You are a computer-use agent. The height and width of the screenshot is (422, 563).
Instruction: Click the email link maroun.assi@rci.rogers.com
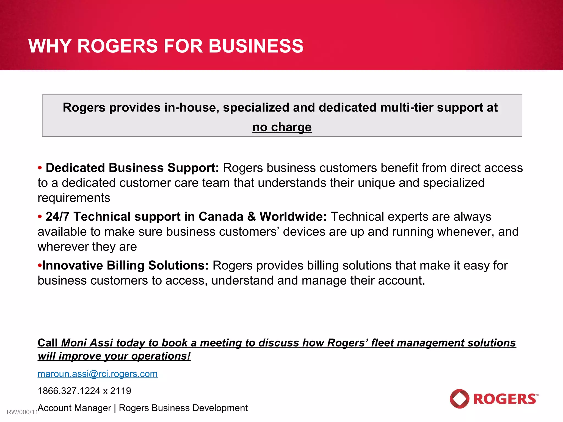pyautogui.click(x=98, y=374)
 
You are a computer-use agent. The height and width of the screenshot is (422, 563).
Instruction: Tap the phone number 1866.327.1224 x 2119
pyautogui.click(x=84, y=391)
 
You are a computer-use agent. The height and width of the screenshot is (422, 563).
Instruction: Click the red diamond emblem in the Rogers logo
pyautogui.click(x=459, y=399)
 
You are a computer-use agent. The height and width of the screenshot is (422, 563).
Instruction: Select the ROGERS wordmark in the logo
pyautogui.click(x=505, y=399)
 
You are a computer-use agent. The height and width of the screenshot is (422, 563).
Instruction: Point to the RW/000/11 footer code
pyautogui.click(x=22, y=412)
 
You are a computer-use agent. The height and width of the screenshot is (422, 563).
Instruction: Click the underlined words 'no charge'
pyautogui.click(x=282, y=127)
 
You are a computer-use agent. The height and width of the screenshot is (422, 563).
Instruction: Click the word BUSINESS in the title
pyautogui.click(x=256, y=46)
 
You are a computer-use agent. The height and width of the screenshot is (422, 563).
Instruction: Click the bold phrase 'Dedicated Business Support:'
pyautogui.click(x=132, y=168)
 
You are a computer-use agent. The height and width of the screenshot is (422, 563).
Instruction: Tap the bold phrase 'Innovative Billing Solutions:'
pyautogui.click(x=125, y=266)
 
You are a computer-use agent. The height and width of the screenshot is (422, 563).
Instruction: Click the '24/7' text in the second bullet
pyautogui.click(x=57, y=217)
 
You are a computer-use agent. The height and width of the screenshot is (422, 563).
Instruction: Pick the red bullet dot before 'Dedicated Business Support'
pyautogui.click(x=40, y=168)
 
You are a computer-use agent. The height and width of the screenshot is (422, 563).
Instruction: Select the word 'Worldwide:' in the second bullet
pyautogui.click(x=293, y=217)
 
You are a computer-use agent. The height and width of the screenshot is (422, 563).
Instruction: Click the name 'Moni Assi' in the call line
pyautogui.click(x=87, y=343)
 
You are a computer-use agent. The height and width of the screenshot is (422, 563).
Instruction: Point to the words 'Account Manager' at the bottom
pyautogui.click(x=74, y=408)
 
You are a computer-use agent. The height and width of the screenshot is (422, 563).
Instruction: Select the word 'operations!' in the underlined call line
pyautogui.click(x=161, y=356)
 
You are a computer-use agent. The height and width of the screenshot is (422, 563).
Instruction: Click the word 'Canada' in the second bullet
pyautogui.click(x=221, y=217)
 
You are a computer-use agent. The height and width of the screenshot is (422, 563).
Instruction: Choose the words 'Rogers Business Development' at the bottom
pyautogui.click(x=183, y=408)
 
